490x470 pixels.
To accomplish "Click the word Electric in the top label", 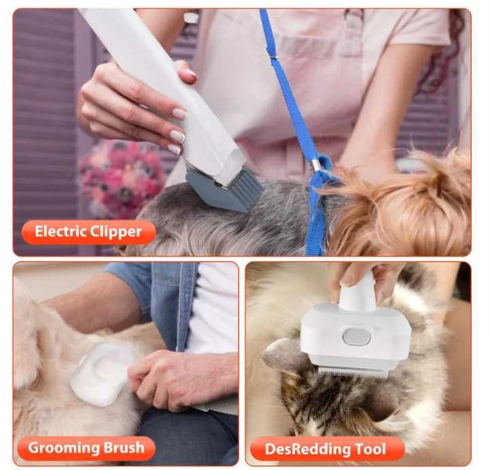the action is [60, 232].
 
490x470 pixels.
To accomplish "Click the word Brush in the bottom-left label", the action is [124, 448].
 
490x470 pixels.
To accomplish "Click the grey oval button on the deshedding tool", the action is [357, 337].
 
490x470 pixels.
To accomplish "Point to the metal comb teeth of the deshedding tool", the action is [353, 372].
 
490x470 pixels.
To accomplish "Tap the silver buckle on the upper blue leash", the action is [271, 54].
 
